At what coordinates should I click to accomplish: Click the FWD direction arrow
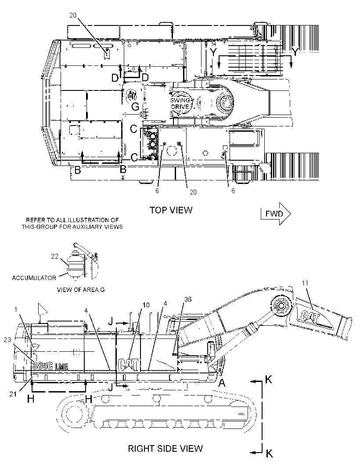276,214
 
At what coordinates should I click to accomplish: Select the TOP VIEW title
171,210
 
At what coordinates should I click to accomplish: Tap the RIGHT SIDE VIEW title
166,448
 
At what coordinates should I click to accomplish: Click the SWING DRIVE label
180,104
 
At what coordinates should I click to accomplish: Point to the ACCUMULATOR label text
34,278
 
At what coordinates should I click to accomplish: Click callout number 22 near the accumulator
54,256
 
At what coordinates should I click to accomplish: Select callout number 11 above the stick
305,283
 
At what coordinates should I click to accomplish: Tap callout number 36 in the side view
188,299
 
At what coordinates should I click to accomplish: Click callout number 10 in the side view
146,305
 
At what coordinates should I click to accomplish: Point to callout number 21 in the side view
13,394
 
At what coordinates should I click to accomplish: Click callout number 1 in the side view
16,310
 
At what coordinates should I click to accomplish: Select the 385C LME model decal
50,366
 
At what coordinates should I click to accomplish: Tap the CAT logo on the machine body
128,365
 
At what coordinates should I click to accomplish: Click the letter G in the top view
136,107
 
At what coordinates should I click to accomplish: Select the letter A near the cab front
222,383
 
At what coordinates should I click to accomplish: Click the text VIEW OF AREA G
81,289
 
